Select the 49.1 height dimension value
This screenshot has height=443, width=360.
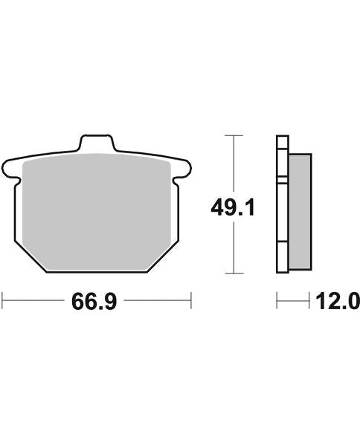click(x=234, y=207)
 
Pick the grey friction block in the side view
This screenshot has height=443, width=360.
click(x=298, y=212)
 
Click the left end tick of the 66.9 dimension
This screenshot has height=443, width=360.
click(x=3, y=301)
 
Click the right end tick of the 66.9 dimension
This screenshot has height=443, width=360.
click(x=192, y=301)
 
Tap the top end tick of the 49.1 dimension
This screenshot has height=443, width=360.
click(x=234, y=136)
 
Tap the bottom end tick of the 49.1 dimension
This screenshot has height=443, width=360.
click(x=234, y=274)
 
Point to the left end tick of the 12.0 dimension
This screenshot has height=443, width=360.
click(x=277, y=301)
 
